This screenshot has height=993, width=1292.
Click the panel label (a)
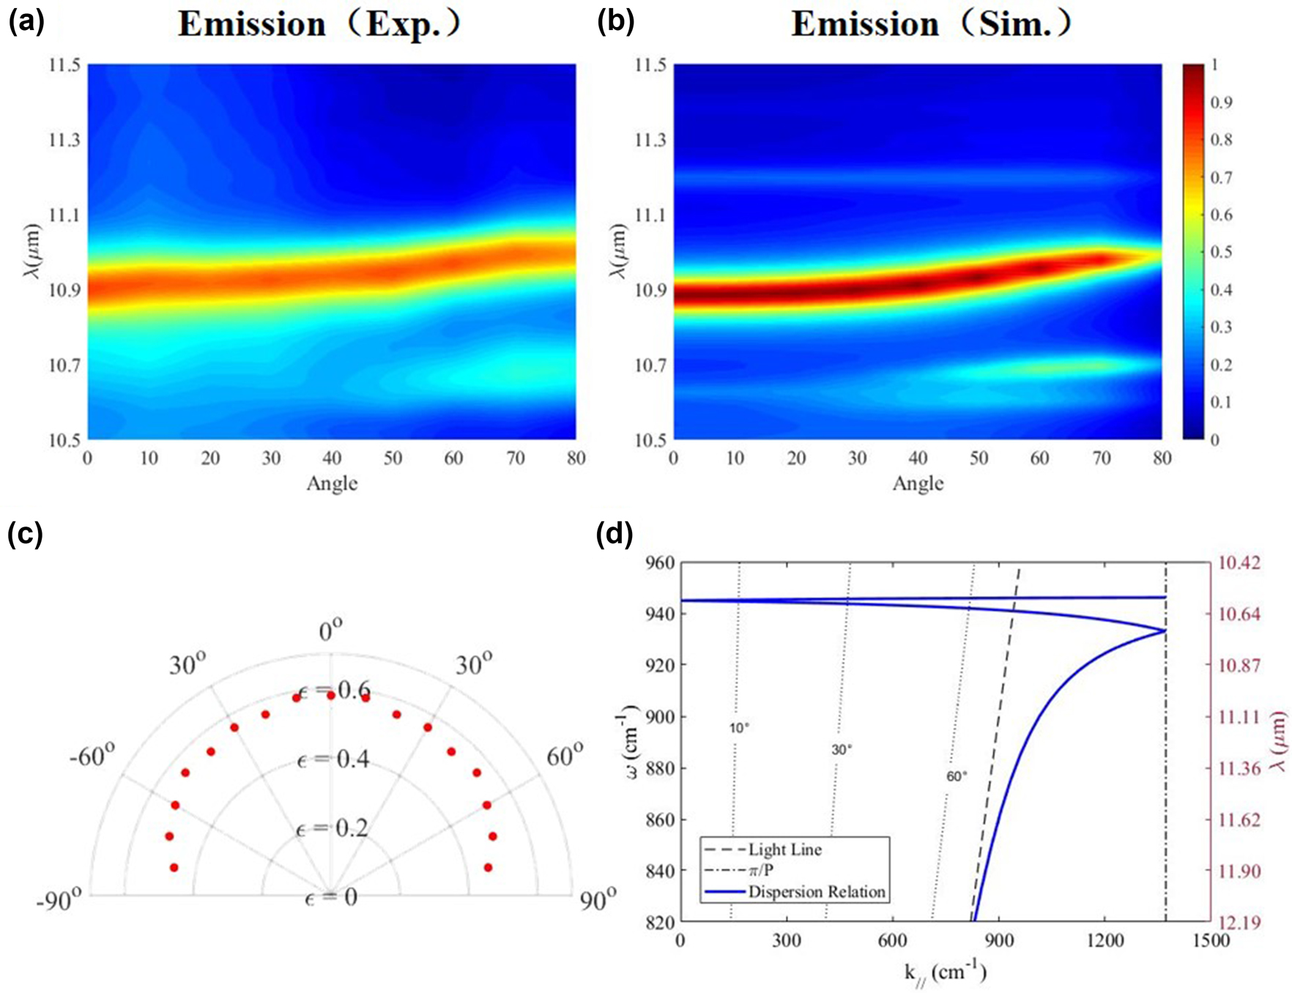coord(26,23)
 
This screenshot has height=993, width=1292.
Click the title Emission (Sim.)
coord(931,25)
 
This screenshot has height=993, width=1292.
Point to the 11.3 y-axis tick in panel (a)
coord(64,140)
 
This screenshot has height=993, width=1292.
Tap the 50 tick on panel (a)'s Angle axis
coord(393,458)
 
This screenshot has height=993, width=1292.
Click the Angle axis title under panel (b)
coord(918,483)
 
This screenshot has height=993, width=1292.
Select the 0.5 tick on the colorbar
coord(1221,253)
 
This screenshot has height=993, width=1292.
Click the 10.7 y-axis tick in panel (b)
coord(650,365)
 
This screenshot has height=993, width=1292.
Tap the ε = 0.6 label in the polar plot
coord(334,691)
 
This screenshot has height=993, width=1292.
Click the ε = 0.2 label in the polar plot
coord(333,829)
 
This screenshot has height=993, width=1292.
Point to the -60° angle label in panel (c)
coord(92,755)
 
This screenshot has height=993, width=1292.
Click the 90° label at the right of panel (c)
coord(598,900)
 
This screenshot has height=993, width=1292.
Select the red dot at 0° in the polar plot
coord(331,695)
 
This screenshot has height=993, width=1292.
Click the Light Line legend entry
coord(784,850)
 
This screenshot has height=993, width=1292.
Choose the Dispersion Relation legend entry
coord(817,892)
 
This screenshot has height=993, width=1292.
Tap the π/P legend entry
coord(761,871)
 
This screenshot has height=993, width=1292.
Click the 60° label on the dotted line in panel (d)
coord(957,776)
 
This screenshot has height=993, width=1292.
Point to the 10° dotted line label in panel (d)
coord(739,728)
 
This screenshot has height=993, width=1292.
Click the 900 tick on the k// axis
coord(999,940)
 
